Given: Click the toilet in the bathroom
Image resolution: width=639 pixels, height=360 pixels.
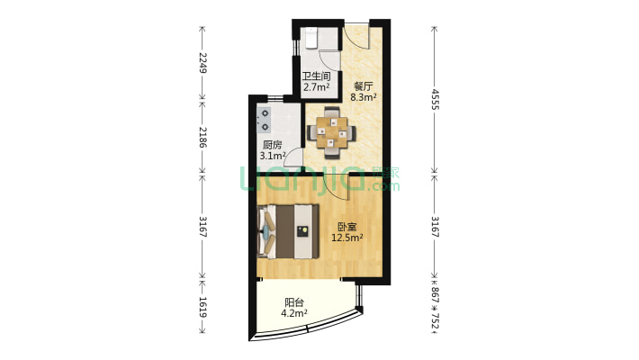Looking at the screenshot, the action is pos(310,38).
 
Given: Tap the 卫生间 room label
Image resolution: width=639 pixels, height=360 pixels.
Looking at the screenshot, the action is pos(316,76).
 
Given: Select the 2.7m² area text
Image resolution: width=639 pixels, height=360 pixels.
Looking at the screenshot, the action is pos(316,86).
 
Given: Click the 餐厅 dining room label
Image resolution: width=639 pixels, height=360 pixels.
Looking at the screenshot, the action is pos(363,86).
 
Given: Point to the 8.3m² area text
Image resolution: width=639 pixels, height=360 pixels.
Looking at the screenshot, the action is pos(363,97).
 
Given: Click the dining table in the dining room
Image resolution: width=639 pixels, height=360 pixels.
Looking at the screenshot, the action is pos(331,132).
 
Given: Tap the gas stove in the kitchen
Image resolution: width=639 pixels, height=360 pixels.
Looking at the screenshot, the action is pos(264,121).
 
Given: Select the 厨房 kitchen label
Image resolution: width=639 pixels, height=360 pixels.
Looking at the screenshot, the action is pos(272,145).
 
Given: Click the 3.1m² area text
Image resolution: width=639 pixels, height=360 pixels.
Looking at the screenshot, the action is pos(272,156).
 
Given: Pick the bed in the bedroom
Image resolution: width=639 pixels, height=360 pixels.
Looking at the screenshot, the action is pos(288,231).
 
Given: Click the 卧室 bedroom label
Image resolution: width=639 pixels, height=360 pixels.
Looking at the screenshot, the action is pos(347,227).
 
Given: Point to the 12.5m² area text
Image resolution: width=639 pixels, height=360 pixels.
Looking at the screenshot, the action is pos(347,238).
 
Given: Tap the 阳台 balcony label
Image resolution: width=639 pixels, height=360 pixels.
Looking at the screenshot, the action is pos(294,302).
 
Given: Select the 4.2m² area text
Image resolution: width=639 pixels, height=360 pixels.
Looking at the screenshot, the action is pos(294,313).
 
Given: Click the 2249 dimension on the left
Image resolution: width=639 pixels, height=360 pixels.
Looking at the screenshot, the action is pos(202,63).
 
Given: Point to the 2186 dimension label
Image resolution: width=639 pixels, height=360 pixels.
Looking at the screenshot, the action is pos(202,138).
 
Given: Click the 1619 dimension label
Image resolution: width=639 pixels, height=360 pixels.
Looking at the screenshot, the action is pos(202,307).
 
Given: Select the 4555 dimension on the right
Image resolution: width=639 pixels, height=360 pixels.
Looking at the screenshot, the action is pos(435,100).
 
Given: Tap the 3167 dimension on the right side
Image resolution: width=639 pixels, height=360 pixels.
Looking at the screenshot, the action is pos(435,227).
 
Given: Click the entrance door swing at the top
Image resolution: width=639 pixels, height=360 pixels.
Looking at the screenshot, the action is pos(355,38).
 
